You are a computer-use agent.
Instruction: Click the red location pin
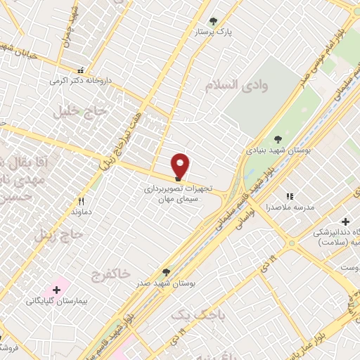click(181, 165)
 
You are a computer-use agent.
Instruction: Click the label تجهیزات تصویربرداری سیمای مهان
click(177, 194)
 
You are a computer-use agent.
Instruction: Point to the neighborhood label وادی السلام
click(236, 85)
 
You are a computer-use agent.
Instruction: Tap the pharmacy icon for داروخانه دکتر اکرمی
click(81, 70)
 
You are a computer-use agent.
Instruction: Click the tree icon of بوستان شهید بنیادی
click(279, 139)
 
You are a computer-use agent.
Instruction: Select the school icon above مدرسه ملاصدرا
click(289, 196)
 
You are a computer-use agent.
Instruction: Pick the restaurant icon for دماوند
click(82, 200)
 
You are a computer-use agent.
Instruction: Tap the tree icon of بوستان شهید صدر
click(166, 271)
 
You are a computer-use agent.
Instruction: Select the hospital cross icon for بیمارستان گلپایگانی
click(56, 289)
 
